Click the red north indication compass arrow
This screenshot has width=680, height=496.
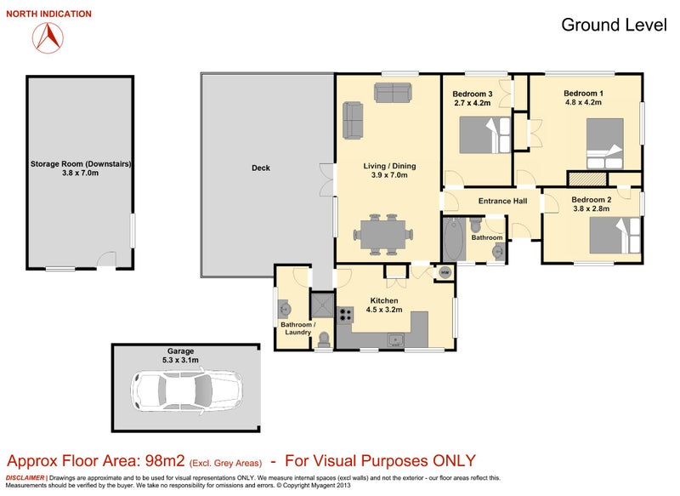(x=48, y=37)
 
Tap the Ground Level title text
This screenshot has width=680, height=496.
(x=614, y=25)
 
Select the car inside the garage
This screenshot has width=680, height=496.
(x=187, y=391)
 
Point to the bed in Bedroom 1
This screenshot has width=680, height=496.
(x=605, y=144)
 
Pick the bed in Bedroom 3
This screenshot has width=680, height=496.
(x=484, y=135)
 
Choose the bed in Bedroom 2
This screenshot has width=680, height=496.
(x=615, y=235)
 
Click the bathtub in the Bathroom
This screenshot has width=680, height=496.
(x=454, y=240)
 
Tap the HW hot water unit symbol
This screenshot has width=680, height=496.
(x=445, y=272)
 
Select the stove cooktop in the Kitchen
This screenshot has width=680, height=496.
(x=346, y=314)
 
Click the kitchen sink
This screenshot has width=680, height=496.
(x=395, y=339)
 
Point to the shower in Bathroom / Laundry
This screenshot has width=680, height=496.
(x=322, y=305)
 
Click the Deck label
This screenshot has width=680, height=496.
(x=261, y=168)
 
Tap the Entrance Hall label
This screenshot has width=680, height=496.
(x=502, y=201)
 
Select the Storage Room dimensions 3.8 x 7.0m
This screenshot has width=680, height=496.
(x=80, y=173)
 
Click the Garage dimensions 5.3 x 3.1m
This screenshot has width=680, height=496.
(x=180, y=360)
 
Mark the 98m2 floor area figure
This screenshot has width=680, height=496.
(x=165, y=460)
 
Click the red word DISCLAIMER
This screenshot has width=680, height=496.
(x=25, y=478)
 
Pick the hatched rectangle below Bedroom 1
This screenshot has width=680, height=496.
(x=587, y=179)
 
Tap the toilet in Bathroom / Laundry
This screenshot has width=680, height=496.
(x=324, y=339)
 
